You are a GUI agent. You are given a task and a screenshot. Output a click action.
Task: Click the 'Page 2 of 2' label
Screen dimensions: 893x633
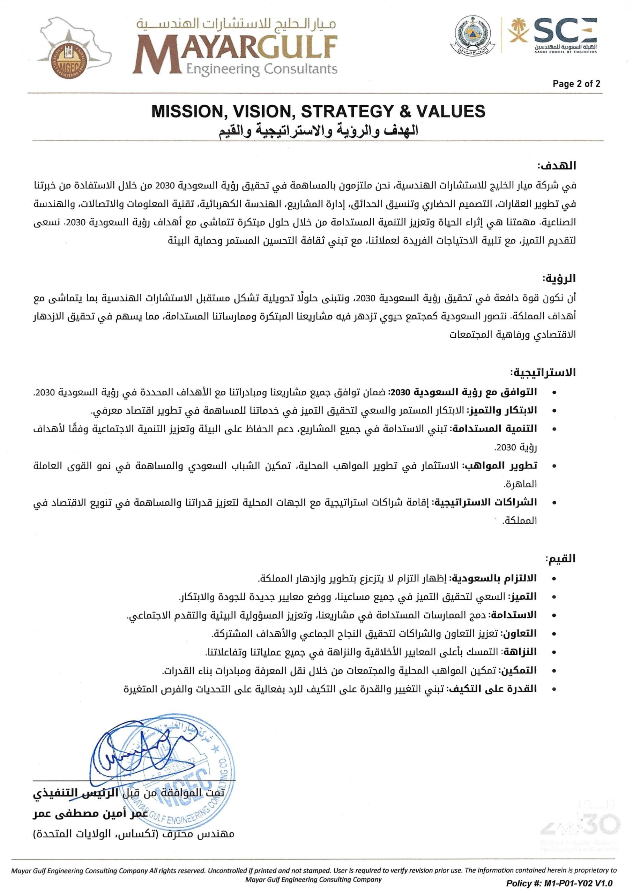point(576,83)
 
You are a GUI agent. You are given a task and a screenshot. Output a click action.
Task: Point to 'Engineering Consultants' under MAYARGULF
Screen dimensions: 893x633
point(262,69)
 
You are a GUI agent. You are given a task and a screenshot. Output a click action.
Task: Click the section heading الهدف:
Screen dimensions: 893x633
point(557,166)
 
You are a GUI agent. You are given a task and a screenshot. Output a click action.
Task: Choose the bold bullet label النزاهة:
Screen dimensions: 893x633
point(520,652)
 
